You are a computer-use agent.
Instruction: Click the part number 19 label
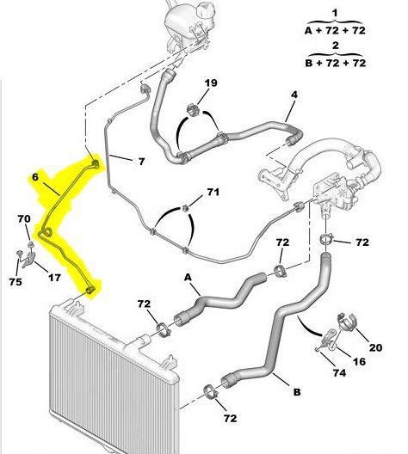(x=211, y=83)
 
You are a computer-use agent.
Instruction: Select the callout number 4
(x=294, y=95)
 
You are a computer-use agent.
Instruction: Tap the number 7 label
(x=141, y=162)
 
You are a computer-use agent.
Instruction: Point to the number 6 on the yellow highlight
(x=35, y=177)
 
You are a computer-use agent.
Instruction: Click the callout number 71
(x=213, y=192)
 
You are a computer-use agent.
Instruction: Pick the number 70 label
(x=24, y=218)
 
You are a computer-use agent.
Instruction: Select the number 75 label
(x=15, y=282)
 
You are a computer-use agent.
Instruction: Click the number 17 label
(x=54, y=278)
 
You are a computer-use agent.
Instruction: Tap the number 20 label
(x=375, y=347)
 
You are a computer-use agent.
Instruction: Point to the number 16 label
(x=359, y=361)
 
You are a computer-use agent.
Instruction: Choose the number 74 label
(x=339, y=373)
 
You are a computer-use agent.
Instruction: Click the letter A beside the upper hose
(x=188, y=278)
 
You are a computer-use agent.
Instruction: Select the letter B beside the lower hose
(x=297, y=392)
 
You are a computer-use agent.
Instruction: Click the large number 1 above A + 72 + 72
(x=335, y=13)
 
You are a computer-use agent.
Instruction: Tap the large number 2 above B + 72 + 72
(x=336, y=46)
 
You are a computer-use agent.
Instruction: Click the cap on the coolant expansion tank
(x=205, y=11)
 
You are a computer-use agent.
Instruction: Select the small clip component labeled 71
(x=185, y=207)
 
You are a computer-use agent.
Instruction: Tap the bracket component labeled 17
(x=29, y=259)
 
